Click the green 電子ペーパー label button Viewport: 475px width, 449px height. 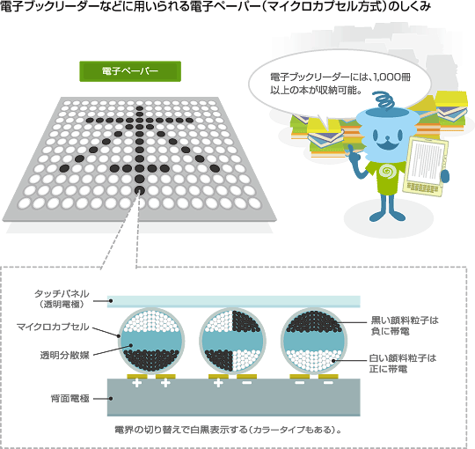130,71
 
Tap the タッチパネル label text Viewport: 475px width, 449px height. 62,293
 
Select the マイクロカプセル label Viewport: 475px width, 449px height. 53,327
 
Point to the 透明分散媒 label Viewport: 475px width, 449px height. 65,355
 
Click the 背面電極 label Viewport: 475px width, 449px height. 70,398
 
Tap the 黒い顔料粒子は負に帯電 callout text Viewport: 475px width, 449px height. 405,326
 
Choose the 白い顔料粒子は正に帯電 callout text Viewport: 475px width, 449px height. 403,364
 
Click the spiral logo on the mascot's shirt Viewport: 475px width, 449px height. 386,172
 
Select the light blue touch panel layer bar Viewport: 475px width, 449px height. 234,301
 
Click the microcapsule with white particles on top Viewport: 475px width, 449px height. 151,341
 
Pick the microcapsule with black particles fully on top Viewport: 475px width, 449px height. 313,341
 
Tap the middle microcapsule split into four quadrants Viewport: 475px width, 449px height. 232,341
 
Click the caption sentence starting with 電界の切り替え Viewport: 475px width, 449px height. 228,430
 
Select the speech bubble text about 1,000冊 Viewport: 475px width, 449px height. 340,84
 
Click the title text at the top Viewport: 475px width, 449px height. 216,6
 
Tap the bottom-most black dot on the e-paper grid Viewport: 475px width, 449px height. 139,190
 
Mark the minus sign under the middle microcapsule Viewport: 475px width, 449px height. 247,383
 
